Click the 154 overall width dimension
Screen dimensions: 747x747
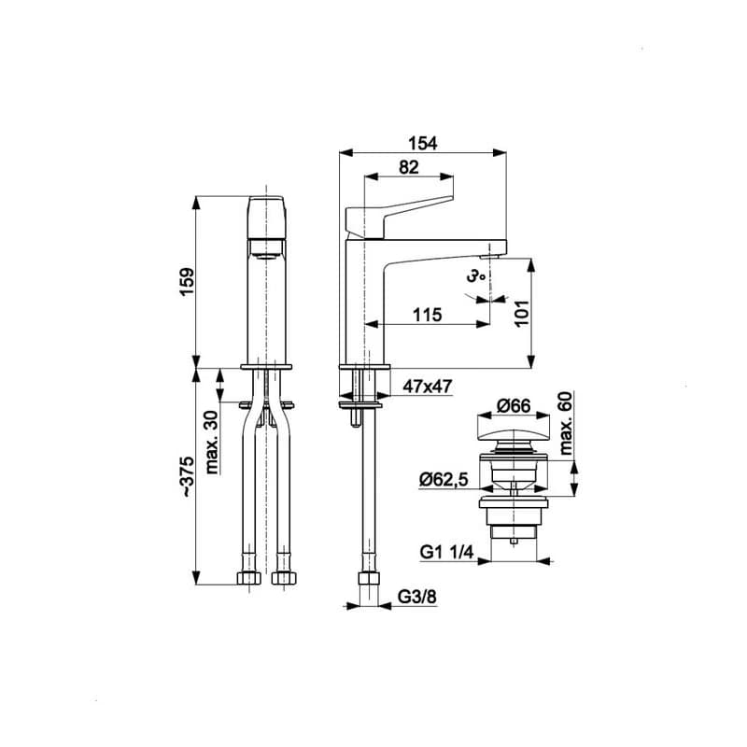coord(423,143)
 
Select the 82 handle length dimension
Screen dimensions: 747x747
coord(409,167)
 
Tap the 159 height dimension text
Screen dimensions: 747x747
coord(187,282)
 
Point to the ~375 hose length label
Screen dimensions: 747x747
coord(187,477)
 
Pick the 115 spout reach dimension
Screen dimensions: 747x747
coord(427,315)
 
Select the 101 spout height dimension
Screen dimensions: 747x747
coord(522,313)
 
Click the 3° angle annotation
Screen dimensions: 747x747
coord(475,275)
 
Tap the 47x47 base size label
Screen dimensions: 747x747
coord(428,386)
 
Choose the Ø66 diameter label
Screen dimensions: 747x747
coord(513,405)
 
